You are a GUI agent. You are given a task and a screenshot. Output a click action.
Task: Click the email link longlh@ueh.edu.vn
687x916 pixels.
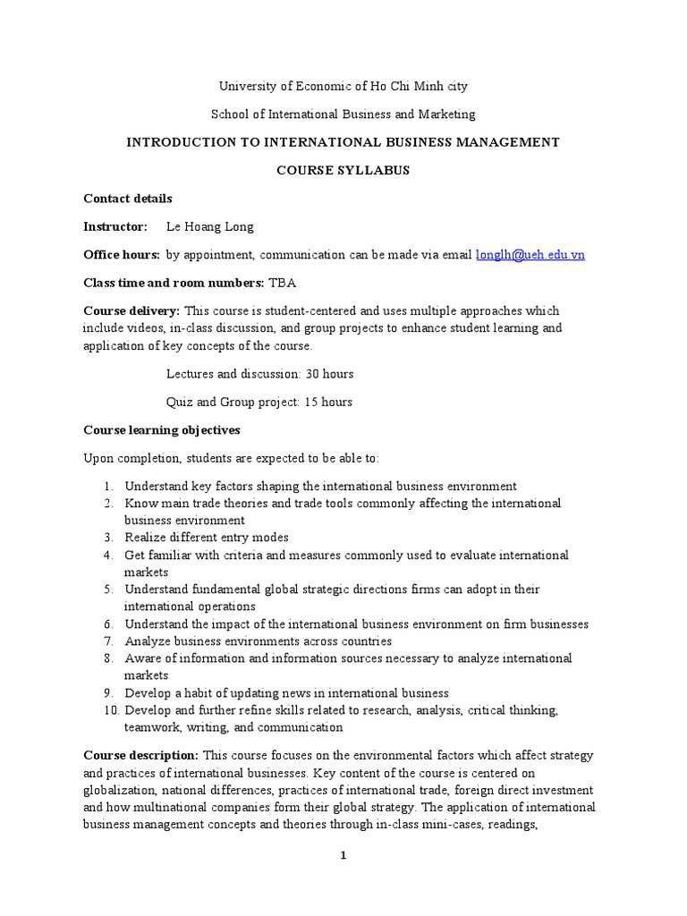pyautogui.click(x=530, y=255)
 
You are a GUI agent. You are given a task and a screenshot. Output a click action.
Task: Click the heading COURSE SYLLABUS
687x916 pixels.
pyautogui.click(x=343, y=171)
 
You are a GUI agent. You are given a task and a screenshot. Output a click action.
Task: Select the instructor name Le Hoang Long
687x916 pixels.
pyautogui.click(x=209, y=227)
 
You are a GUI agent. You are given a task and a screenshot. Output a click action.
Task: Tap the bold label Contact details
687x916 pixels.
pyautogui.click(x=128, y=199)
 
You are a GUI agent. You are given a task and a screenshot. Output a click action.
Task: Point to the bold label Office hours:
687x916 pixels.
pyautogui.click(x=122, y=255)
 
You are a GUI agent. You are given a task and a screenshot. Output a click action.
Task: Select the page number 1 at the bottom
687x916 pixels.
pyautogui.click(x=343, y=856)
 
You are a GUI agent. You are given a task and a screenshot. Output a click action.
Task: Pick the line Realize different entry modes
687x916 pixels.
pyautogui.click(x=206, y=538)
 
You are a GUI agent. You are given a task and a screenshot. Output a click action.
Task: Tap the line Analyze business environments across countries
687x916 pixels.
pyautogui.click(x=258, y=641)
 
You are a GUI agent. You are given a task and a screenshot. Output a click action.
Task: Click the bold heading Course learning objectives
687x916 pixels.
pyautogui.click(x=161, y=430)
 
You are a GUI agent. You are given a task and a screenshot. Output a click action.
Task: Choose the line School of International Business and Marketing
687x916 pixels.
pyautogui.click(x=343, y=114)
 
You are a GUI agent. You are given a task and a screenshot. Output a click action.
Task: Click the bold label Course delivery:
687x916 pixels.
pyautogui.click(x=131, y=311)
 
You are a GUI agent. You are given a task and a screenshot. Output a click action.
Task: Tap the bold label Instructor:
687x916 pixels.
pyautogui.click(x=115, y=227)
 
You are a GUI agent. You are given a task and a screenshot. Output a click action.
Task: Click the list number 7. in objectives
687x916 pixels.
pyautogui.click(x=108, y=641)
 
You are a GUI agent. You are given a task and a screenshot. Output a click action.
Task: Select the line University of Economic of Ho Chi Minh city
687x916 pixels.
pyautogui.click(x=343, y=87)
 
